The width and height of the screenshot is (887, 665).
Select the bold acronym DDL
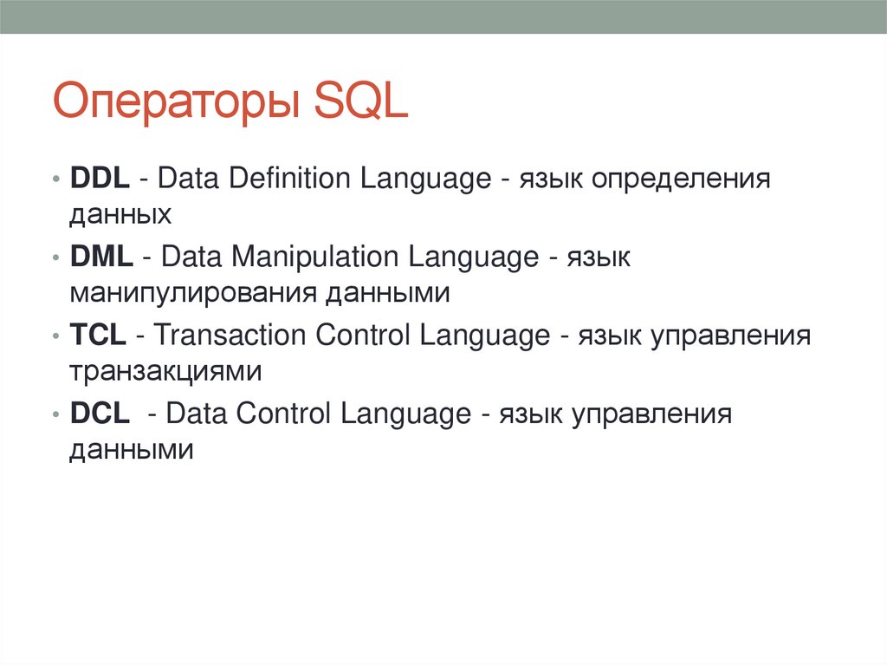click(x=100, y=178)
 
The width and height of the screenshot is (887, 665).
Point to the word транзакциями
click(x=165, y=372)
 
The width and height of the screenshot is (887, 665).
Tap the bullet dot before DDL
click(x=55, y=179)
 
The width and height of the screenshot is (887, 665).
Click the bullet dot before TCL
click(x=55, y=336)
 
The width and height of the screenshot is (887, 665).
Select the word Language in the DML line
click(x=474, y=258)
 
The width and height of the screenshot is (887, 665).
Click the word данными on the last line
click(x=132, y=450)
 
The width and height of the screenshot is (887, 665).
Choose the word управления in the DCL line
click(x=651, y=416)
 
